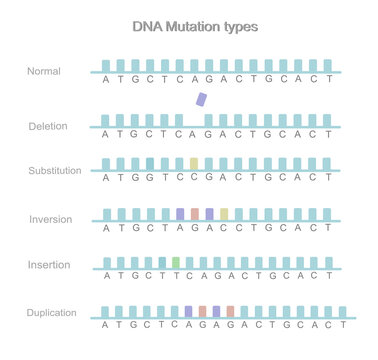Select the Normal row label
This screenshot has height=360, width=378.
click(x=44, y=71)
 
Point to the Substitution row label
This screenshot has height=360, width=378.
click(x=54, y=171)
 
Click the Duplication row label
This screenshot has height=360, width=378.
click(x=52, y=313)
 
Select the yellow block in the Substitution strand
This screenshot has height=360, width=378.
click(x=194, y=163)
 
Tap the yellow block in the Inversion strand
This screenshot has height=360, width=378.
click(x=225, y=214)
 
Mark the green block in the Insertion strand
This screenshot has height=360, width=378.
click(x=176, y=262)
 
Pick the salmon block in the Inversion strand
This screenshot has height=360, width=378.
click(x=195, y=214)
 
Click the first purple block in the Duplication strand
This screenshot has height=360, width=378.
click(x=188, y=311)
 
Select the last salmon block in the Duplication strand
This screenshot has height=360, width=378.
click(x=230, y=311)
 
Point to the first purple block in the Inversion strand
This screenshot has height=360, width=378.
click(x=180, y=214)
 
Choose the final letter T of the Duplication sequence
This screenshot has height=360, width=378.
click(x=342, y=325)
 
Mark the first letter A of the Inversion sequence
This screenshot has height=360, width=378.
click(x=107, y=228)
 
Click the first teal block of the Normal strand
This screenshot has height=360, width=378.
click(x=106, y=65)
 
